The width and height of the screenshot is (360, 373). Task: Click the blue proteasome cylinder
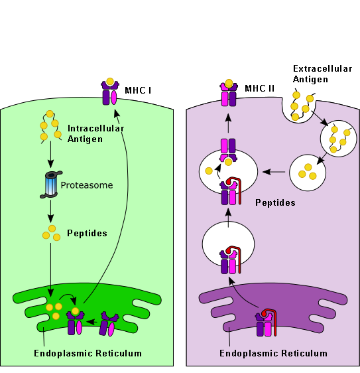pos(51,185)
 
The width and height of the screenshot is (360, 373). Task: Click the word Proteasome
pos(88,185)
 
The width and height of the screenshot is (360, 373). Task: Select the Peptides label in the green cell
pos(87,234)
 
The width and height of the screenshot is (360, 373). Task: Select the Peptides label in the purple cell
pos(275,201)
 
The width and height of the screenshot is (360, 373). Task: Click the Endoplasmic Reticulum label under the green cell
pos(88,353)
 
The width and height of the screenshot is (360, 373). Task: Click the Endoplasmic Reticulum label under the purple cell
pos(273,353)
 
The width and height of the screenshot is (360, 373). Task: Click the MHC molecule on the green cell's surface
pos(109,93)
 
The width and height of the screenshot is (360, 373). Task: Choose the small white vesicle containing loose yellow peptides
pos(307,171)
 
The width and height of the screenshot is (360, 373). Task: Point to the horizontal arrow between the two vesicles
pos(274,172)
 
